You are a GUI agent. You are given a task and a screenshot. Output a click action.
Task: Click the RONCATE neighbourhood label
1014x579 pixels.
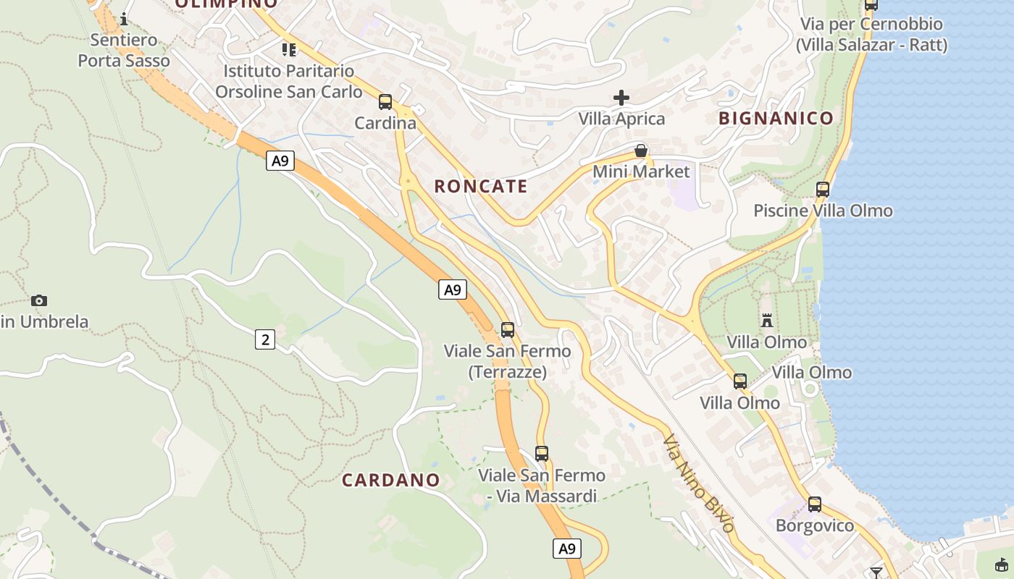pyautogui.click(x=481, y=186)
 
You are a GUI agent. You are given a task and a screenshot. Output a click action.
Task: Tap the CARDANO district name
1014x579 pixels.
pyautogui.click(x=391, y=480)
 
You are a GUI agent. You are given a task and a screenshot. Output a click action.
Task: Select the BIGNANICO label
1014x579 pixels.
pyautogui.click(x=776, y=118)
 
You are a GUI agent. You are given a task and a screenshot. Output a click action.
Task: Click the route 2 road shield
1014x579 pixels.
pyautogui.click(x=265, y=339)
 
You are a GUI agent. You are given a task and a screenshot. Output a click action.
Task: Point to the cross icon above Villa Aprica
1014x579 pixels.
pyautogui.click(x=621, y=98)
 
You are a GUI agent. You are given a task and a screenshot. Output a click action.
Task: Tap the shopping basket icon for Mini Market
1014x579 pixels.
pyautogui.click(x=641, y=151)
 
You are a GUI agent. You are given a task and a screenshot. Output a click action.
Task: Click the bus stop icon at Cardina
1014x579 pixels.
pyautogui.click(x=385, y=102)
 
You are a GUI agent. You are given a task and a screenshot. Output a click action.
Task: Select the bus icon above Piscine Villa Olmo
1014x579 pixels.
pyautogui.click(x=823, y=190)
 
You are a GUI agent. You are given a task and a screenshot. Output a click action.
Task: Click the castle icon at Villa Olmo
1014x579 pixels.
pyautogui.click(x=767, y=320)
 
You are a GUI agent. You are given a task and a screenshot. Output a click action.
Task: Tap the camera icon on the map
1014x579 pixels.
pyautogui.click(x=39, y=300)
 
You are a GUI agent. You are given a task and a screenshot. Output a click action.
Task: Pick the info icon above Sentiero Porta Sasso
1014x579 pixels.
pyautogui.click(x=124, y=19)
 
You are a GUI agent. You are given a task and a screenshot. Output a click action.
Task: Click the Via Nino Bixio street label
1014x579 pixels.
pyautogui.click(x=699, y=483)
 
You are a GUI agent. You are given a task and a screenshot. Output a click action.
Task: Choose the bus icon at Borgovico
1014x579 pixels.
pyautogui.click(x=815, y=504)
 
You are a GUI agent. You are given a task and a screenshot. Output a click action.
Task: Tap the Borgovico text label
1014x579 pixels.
pyautogui.click(x=815, y=525)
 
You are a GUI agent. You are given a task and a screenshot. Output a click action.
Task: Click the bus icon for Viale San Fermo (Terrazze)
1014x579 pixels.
pyautogui.click(x=508, y=330)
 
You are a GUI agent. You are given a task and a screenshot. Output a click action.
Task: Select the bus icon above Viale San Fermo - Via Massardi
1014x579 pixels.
pyautogui.click(x=542, y=454)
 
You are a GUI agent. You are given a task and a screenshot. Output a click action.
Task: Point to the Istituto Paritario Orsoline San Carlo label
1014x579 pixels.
pyautogui.click(x=289, y=82)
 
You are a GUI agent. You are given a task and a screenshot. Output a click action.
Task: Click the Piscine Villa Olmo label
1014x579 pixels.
pyautogui.click(x=823, y=211)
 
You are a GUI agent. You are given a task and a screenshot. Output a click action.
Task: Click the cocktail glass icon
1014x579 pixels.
pyautogui.click(x=876, y=572)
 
